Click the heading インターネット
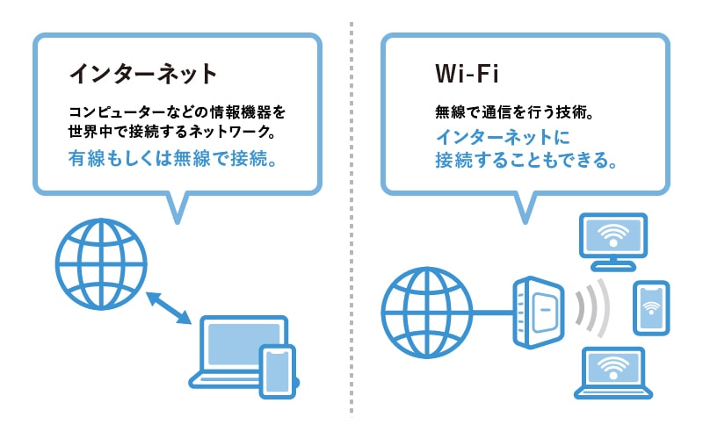[x=143, y=74]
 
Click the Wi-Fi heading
[x=467, y=74]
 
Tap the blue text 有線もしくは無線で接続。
[x=172, y=158]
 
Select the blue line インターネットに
[x=503, y=137]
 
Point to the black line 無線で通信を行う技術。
[x=515, y=112]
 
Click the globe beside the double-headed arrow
[x=101, y=264]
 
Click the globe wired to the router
[x=427, y=313]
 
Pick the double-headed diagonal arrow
[x=169, y=308]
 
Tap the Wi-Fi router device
[x=539, y=313]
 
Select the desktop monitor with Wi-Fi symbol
[x=613, y=242]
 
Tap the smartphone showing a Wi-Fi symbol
[x=651, y=308]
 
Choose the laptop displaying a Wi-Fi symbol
[x=613, y=372]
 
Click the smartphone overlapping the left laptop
[x=278, y=371]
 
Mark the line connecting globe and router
[x=493, y=313]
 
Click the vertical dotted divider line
[x=351, y=219]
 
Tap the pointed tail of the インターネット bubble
[x=178, y=209]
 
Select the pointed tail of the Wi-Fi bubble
[x=525, y=209]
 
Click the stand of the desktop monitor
[x=613, y=264]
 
